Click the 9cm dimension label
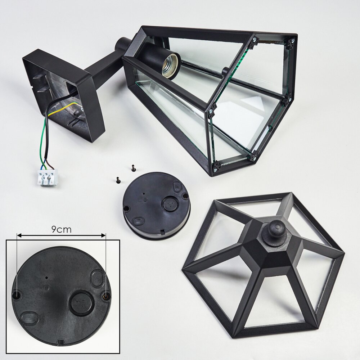click(x=61, y=229)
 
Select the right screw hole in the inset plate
click(x=105, y=296)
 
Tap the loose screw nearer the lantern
click(x=133, y=168)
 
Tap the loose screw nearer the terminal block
click(x=118, y=180)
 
